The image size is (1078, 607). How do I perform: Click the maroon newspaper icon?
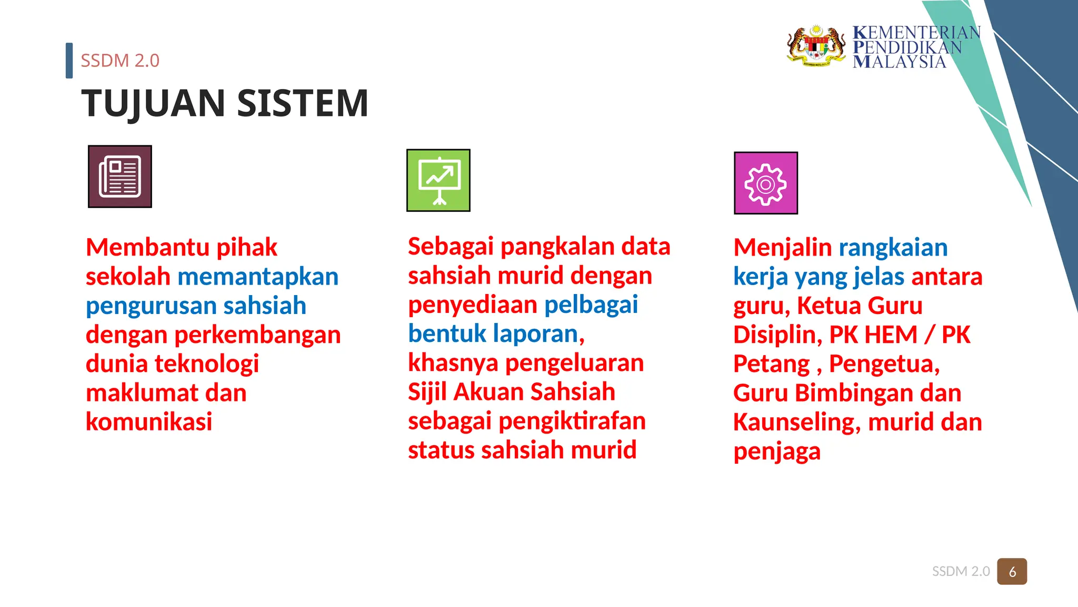click(x=120, y=177)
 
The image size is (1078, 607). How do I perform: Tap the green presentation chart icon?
click(x=438, y=180)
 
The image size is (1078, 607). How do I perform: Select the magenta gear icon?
click(x=766, y=183)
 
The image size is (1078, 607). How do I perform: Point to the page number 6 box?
click(x=1012, y=572)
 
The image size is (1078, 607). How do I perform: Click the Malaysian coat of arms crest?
click(x=816, y=46)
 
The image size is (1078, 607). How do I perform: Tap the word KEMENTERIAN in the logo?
click(x=916, y=33)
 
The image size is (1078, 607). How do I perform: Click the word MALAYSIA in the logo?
click(x=899, y=62)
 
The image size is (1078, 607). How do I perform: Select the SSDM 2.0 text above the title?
click(x=120, y=61)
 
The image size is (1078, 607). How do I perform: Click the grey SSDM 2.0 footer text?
click(x=961, y=572)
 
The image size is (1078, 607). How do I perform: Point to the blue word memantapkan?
click(x=258, y=277)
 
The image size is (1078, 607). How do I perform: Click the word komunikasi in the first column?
click(x=149, y=422)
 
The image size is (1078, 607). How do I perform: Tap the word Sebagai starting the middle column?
click(x=451, y=247)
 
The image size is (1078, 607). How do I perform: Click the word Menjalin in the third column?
click(x=782, y=248)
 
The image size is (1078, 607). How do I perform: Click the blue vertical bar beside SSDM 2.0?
click(x=69, y=61)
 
